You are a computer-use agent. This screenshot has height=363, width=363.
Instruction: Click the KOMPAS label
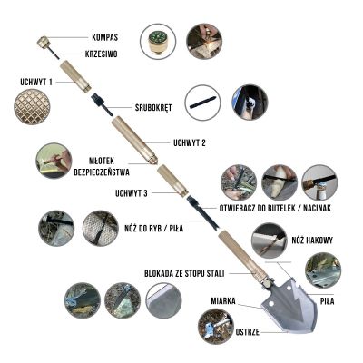[x=106, y=38]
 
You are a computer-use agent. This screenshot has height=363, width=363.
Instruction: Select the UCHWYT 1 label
[x=36, y=81]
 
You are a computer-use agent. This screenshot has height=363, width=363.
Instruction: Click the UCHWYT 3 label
[x=132, y=191]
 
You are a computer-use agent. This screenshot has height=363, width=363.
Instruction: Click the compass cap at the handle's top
[x=43, y=42]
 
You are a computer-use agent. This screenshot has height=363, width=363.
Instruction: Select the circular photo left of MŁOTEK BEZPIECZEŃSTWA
[x=54, y=160]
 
